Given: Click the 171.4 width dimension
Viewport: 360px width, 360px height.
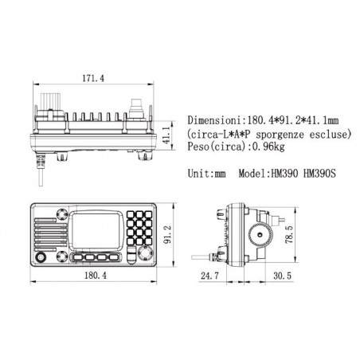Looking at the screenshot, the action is point(93,78).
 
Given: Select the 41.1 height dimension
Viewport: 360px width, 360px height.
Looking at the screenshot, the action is point(166,135).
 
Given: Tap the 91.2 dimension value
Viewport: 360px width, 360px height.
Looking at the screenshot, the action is point(168,235).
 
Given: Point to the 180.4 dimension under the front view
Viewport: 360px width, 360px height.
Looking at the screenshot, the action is point(96,276).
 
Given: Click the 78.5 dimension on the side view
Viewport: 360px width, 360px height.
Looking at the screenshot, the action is point(289,234).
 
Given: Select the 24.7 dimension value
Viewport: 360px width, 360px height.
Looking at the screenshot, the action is point(209,276).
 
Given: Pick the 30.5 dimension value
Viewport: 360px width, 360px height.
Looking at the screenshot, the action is point(282,276).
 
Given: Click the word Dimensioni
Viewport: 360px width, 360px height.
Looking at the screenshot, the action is point(216,120).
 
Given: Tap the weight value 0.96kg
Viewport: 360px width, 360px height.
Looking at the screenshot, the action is point(268,147).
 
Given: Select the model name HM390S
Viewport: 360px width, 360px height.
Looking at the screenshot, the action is point(319,174).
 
